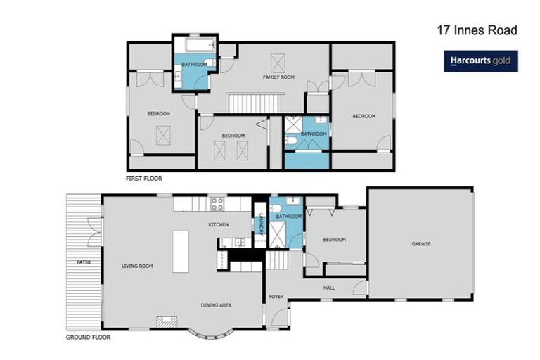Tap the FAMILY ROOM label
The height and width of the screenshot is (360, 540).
(x=278, y=77)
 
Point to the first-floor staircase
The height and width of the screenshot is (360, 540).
(x=247, y=104)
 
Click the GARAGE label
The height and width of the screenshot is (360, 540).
(x=420, y=244)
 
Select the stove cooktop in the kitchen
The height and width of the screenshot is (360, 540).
(x=217, y=205)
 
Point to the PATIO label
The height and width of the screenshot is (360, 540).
(x=83, y=262)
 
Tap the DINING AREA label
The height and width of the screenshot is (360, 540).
(x=216, y=304)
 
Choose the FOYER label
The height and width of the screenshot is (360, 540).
(x=276, y=297)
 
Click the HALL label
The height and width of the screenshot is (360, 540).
(x=328, y=288)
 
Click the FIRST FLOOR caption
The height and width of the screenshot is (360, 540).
(x=144, y=179)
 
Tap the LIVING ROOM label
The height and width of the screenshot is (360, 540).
(x=137, y=266)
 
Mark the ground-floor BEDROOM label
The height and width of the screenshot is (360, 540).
(x=334, y=239)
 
